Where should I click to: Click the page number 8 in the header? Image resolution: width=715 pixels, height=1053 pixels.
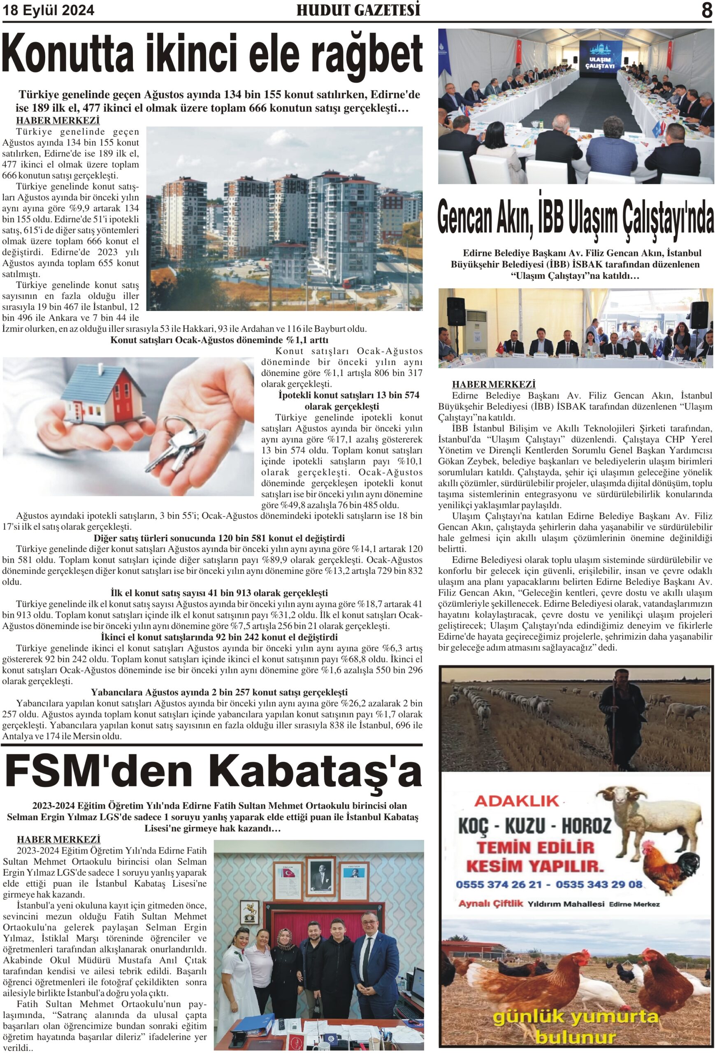(x=706, y=10)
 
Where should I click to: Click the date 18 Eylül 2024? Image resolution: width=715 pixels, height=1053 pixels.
(x=49, y=10)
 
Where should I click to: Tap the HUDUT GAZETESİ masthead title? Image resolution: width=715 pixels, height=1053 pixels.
(x=358, y=10)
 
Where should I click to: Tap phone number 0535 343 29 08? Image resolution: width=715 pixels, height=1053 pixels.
(x=599, y=884)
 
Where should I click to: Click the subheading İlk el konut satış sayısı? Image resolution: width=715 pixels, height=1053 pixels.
(x=219, y=593)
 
